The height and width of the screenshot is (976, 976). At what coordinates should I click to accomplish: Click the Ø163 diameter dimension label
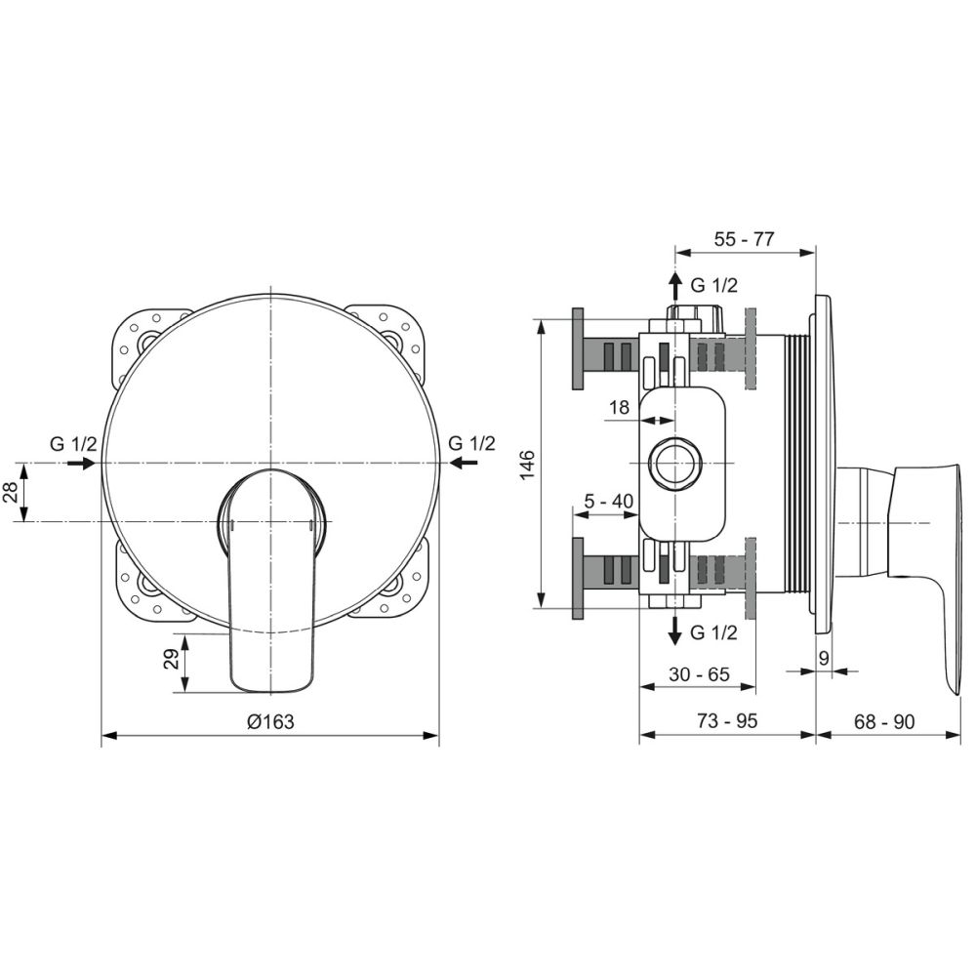(270, 721)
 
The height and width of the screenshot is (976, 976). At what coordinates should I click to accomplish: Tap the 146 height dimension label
(527, 465)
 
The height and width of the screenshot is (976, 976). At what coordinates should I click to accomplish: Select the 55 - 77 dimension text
(744, 239)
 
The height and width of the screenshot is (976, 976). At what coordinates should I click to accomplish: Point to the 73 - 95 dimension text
(727, 721)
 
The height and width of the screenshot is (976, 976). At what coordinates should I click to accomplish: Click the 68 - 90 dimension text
(884, 721)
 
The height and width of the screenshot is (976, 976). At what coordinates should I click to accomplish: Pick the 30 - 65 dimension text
(699, 674)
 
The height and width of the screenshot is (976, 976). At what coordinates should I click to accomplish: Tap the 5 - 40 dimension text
(608, 501)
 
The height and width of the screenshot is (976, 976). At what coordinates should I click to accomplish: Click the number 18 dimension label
(619, 408)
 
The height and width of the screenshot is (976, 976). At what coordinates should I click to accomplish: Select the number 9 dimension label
(824, 658)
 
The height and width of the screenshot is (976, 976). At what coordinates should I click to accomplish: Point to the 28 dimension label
(11, 492)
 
